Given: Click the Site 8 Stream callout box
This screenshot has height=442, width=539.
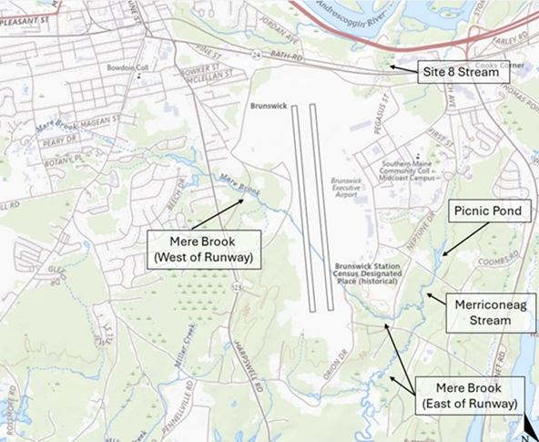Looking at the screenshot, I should coord(459,70).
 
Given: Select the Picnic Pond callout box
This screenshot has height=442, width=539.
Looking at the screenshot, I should coord(487,211).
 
